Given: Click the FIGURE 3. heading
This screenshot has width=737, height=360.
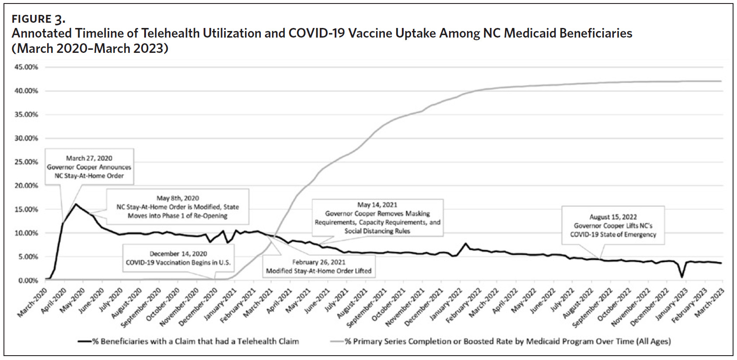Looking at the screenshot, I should coord(38,19).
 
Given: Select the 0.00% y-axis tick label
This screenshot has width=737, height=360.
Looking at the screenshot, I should coord(28,280).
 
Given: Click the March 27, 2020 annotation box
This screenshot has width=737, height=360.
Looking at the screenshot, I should coord(89,167).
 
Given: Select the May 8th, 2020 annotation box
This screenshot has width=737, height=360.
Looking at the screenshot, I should coord(177,207).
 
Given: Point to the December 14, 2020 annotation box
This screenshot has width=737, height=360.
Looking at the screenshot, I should coord(178,258).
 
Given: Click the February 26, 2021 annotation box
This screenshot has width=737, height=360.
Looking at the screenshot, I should coord(318,267).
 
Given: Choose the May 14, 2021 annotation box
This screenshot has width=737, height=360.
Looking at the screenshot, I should coord(377,218).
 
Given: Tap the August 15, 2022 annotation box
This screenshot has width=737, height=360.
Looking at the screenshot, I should coord(613,225).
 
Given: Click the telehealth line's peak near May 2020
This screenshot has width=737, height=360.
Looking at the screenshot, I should coord(76,204).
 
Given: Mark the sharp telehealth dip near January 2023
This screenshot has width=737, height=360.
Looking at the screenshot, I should coord(682,277).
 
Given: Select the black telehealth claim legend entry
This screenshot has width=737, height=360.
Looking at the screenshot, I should coord(189,341).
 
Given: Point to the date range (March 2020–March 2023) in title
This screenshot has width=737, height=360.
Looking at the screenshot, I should coord(90,48).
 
